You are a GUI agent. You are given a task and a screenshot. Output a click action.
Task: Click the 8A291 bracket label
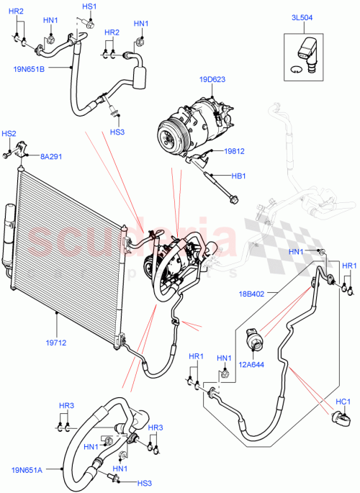(50, 155)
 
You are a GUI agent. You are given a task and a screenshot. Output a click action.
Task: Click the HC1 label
(343, 402)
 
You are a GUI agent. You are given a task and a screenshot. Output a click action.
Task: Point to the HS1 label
(89, 6)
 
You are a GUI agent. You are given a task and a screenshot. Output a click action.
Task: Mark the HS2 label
(9, 134)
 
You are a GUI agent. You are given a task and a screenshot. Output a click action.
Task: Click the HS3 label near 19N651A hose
(145, 483)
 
